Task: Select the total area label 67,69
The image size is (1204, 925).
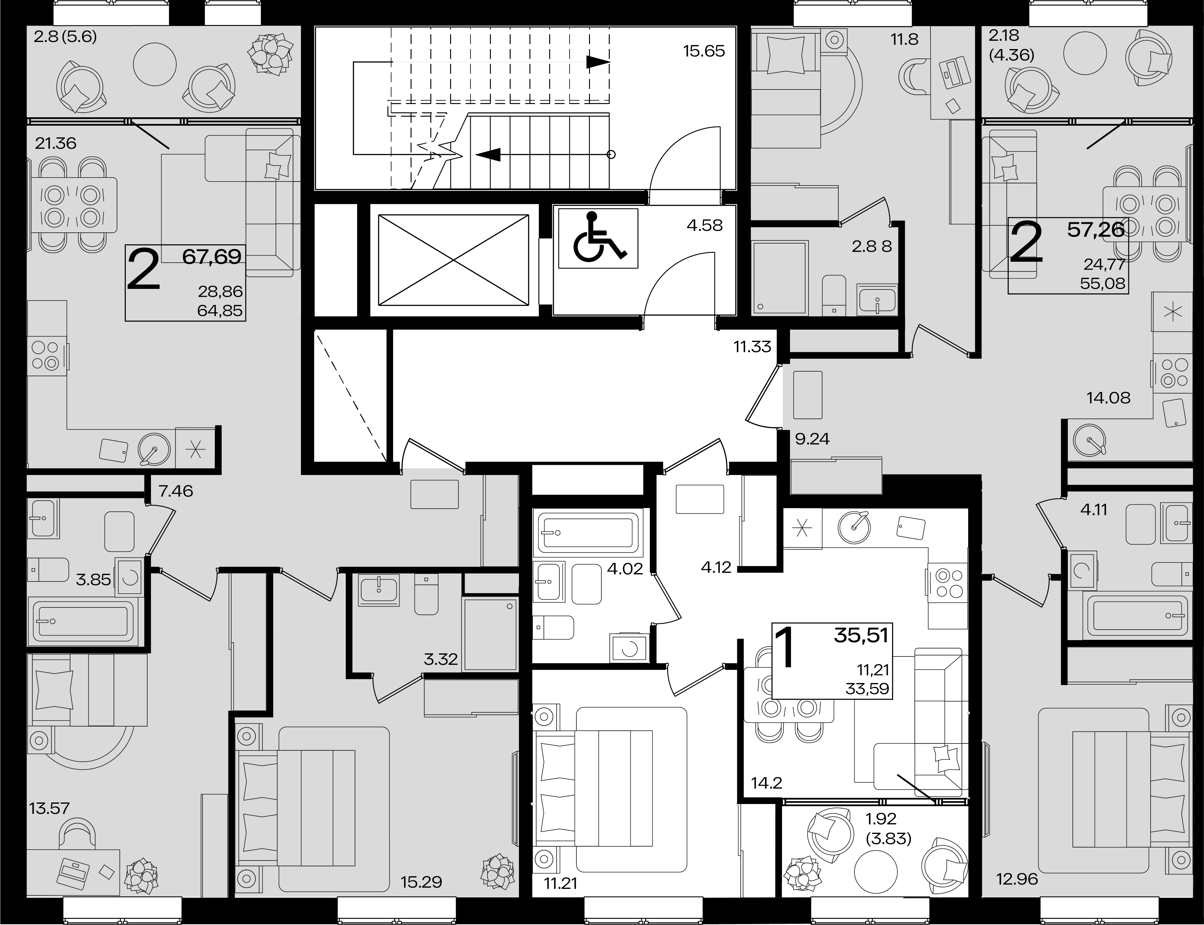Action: tap(212, 256)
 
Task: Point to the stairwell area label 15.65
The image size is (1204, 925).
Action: tap(704, 51)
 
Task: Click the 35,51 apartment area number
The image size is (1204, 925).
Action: tap(861, 635)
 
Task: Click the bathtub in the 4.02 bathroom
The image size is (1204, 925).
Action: tap(588, 532)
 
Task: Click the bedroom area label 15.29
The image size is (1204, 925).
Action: tap(421, 882)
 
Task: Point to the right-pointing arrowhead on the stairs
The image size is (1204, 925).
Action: tap(598, 62)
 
